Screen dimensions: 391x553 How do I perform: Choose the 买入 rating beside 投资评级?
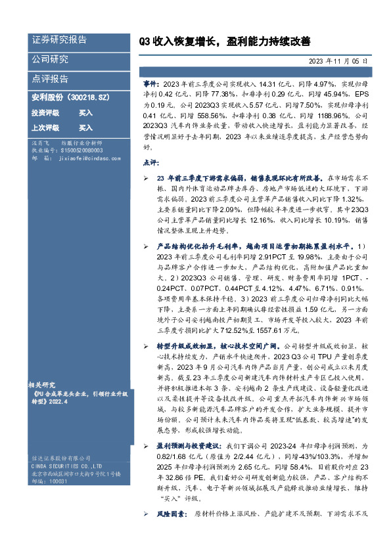[85, 113]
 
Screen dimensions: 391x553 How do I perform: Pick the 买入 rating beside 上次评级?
[85, 127]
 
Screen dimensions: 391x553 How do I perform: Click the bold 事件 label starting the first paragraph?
[150, 85]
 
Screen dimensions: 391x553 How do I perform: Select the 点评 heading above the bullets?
[150, 163]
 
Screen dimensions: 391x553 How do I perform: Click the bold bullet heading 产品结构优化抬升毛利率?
[198, 246]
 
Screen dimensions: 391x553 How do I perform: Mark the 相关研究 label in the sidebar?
[41, 382]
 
